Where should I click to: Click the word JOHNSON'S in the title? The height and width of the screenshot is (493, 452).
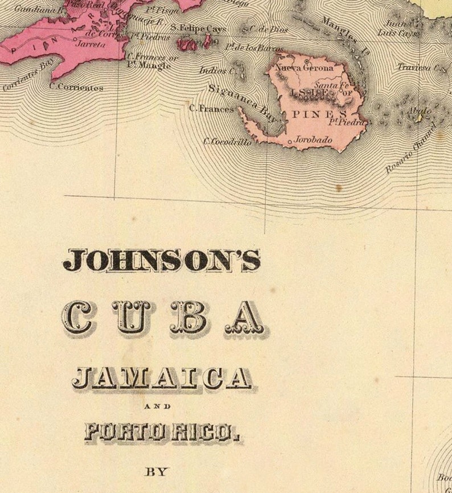[162, 260]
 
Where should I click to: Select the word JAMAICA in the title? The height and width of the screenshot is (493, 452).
[161, 378]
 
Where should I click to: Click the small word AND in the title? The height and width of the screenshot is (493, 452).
[157, 406]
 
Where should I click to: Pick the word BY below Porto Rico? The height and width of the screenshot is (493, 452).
[157, 471]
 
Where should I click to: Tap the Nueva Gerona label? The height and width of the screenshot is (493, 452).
[304, 68]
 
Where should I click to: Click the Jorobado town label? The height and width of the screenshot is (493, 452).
[313, 139]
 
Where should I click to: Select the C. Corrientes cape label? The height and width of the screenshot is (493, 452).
[76, 87]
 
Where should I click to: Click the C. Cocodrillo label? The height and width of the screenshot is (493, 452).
[228, 142]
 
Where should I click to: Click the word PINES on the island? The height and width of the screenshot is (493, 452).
[312, 114]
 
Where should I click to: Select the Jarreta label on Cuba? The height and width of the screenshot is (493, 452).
[91, 43]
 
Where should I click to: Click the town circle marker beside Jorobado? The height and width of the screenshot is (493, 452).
[290, 141]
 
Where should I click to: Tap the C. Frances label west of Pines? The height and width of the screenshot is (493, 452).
[211, 108]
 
